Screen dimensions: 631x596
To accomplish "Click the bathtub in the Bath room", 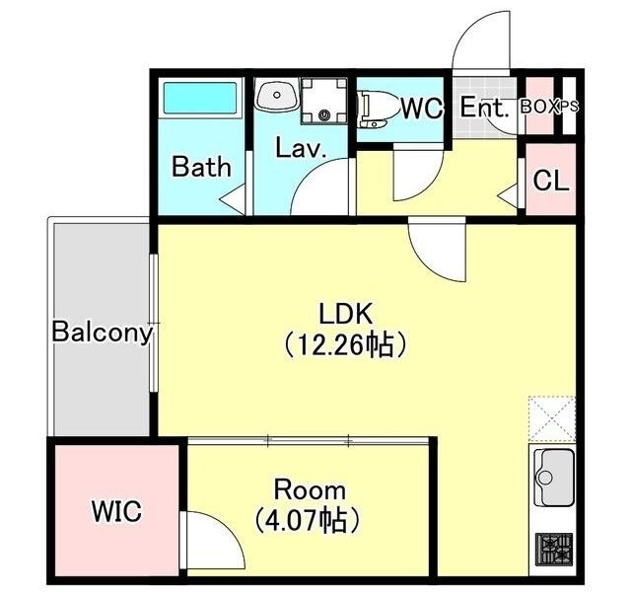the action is pos(199,98).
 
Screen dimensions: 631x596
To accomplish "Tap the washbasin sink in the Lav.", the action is pos(277,95).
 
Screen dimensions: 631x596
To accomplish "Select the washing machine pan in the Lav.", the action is pos(324,101).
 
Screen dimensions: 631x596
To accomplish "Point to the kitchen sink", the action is pos(554,478).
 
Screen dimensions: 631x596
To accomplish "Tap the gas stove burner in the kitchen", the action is pos(554,550).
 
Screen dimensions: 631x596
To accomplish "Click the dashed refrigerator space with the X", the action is pos(552,418).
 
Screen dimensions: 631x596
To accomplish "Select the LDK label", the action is pos(346,315).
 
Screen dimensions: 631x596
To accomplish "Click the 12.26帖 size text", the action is pos(345,345).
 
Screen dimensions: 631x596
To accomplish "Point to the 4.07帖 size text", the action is pos(307,521).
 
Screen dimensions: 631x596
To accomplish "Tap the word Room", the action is pos(310,490).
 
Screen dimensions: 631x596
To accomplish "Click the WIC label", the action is pos(116,511).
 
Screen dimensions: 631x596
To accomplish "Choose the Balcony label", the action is pos(103,333).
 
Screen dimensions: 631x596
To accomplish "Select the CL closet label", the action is pos(551,181).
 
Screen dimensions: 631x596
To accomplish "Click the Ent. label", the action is pos(484,108).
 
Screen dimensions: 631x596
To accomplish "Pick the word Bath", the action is pos(201,167).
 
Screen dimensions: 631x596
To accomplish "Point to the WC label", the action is pos(422,108).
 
